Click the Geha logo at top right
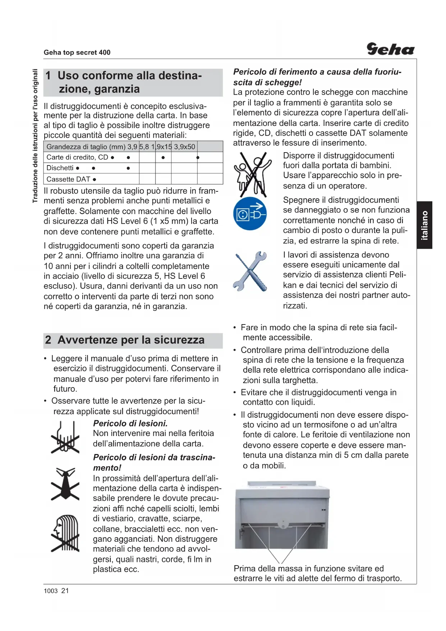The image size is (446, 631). click(390, 49)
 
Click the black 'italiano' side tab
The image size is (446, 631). click(424, 225)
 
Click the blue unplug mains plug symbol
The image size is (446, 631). click(250, 214)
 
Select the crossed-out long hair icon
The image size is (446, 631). click(65, 533)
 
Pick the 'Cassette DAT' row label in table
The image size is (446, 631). click(68, 179)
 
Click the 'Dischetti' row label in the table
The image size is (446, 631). click(60, 168)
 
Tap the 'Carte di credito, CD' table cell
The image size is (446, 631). click(77, 157)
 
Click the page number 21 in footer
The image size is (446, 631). click(65, 591)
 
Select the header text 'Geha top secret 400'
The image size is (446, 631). click(77, 53)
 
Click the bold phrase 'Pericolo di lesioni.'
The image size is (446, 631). click(130, 423)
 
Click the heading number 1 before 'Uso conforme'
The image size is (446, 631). click(48, 76)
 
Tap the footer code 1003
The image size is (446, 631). click(51, 591)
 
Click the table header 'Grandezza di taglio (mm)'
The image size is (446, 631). click(86, 147)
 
